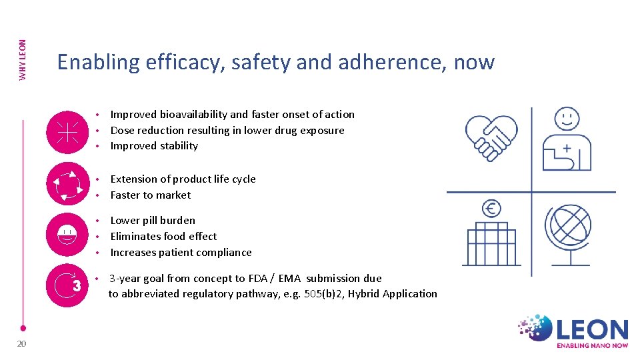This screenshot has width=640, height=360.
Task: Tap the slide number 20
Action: (x=21, y=343)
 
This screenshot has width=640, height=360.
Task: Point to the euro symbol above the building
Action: (x=491, y=209)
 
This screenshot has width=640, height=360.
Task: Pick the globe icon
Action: (x=568, y=226)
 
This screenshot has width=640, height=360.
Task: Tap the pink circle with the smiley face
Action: (x=67, y=235)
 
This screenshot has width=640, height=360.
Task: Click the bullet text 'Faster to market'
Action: (x=151, y=195)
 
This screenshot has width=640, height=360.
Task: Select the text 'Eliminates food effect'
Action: (x=163, y=237)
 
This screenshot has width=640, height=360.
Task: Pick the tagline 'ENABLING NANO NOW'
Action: (x=593, y=345)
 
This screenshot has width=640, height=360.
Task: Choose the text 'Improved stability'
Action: (x=154, y=146)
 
